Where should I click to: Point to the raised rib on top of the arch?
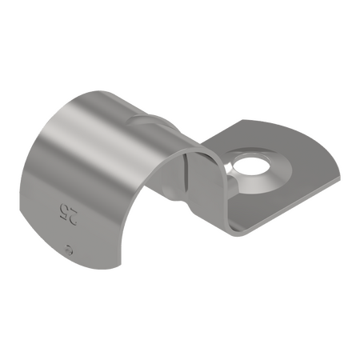coord(152,120)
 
